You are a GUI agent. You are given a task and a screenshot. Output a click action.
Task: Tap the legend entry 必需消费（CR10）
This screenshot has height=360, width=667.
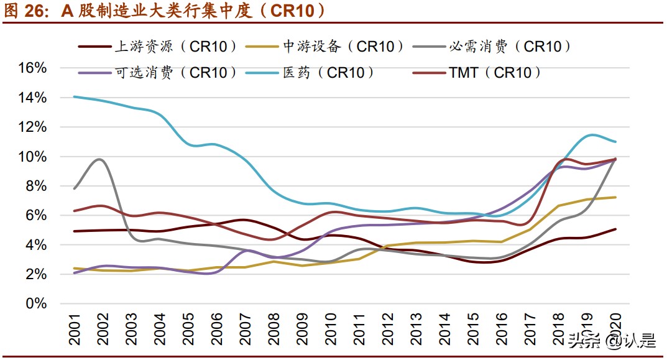(510, 46)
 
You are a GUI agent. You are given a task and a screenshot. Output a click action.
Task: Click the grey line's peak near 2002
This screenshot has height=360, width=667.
(101, 159)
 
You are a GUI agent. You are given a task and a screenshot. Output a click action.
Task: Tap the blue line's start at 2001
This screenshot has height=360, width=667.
(74, 96)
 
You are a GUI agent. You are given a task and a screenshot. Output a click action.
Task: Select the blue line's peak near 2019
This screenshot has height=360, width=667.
(591, 135)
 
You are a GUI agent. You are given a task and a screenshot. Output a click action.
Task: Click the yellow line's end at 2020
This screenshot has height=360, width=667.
(615, 197)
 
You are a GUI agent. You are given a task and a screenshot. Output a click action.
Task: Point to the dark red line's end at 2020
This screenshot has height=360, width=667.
(615, 229)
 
